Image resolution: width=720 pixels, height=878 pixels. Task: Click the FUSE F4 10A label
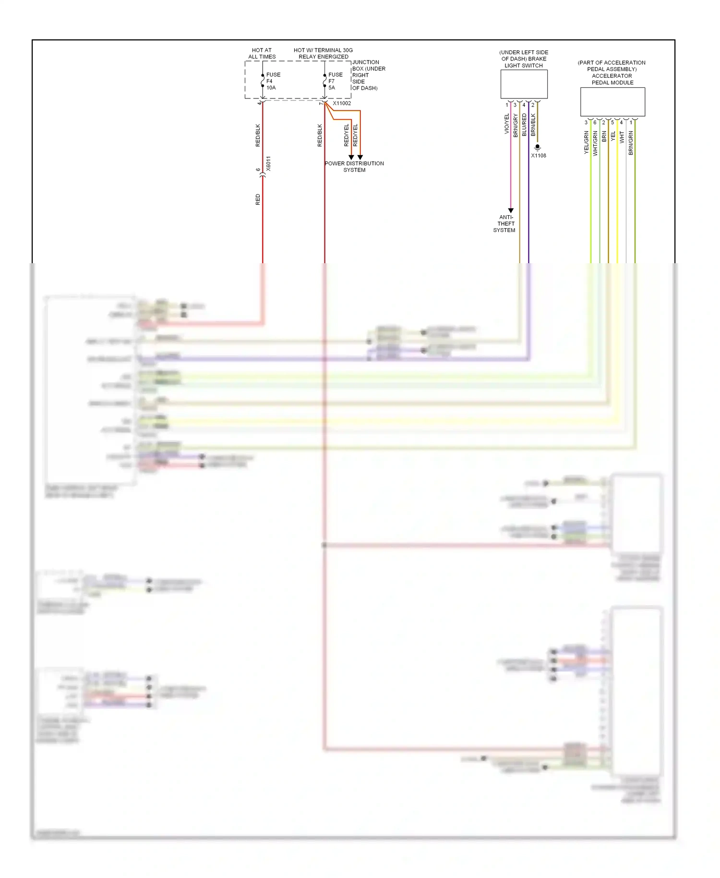(273, 81)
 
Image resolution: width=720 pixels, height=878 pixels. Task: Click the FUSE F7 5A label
(335, 81)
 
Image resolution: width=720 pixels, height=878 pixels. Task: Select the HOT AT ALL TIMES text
(262, 53)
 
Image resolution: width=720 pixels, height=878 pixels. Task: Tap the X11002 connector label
(342, 103)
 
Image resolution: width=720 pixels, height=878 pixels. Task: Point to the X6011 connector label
(268, 163)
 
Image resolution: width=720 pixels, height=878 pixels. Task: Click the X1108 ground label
(538, 156)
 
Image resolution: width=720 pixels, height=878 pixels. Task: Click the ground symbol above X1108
(538, 147)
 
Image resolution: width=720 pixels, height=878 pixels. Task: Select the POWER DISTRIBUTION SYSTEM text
(354, 167)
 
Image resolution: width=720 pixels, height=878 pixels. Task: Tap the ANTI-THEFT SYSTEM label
(504, 224)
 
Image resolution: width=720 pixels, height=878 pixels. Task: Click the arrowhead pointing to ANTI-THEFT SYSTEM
(511, 210)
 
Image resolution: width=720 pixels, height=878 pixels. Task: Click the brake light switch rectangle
(524, 85)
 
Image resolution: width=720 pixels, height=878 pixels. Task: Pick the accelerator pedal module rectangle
(612, 102)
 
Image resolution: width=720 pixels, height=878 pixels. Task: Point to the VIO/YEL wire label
(506, 124)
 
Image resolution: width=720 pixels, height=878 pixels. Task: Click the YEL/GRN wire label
(586, 143)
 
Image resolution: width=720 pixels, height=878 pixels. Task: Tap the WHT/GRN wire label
(595, 144)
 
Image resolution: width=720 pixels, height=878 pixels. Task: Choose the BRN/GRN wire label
(631, 143)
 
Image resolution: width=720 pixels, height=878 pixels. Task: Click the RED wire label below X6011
(258, 200)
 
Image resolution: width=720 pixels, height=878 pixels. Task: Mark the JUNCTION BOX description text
(368, 75)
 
